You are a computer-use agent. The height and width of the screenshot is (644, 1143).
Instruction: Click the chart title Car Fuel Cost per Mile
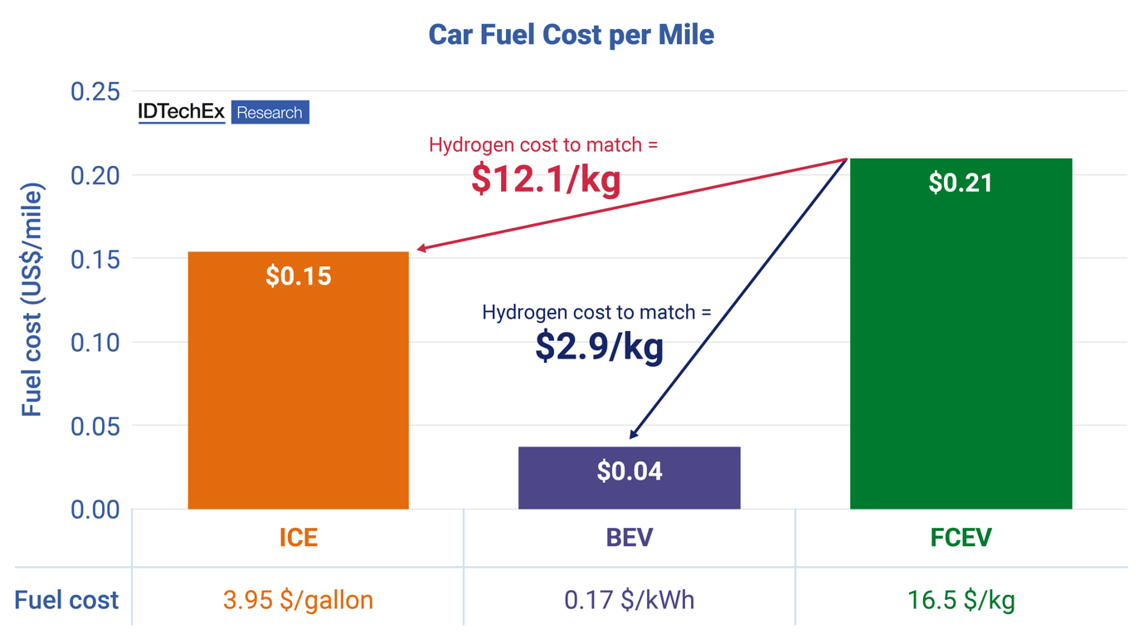tap(571, 35)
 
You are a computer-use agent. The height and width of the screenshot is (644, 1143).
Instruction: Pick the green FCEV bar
tap(961, 349)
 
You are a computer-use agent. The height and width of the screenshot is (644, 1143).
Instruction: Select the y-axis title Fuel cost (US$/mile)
tap(32, 299)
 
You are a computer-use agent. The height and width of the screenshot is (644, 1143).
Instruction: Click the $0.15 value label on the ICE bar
tap(298, 276)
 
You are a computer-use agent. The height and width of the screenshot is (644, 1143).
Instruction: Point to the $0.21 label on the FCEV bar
tap(961, 183)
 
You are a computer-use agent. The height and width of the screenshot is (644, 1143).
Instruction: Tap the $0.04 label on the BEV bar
tap(629, 471)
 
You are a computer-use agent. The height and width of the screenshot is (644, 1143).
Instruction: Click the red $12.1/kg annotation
tap(545, 180)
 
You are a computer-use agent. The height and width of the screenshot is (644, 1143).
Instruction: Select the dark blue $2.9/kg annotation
tap(599, 347)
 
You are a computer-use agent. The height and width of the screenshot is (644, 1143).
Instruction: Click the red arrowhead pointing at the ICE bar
tap(421, 248)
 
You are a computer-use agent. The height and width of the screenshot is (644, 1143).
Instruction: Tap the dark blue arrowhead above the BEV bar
tap(634, 433)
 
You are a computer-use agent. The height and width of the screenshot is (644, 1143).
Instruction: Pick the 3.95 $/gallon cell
tap(298, 600)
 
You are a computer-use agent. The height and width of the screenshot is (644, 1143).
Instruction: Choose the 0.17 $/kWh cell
tap(629, 600)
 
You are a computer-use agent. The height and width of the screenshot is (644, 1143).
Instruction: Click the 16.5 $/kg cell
tap(961, 600)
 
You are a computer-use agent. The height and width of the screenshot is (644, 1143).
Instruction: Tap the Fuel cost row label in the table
tap(66, 600)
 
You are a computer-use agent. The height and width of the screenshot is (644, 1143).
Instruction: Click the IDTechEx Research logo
tap(223, 112)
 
